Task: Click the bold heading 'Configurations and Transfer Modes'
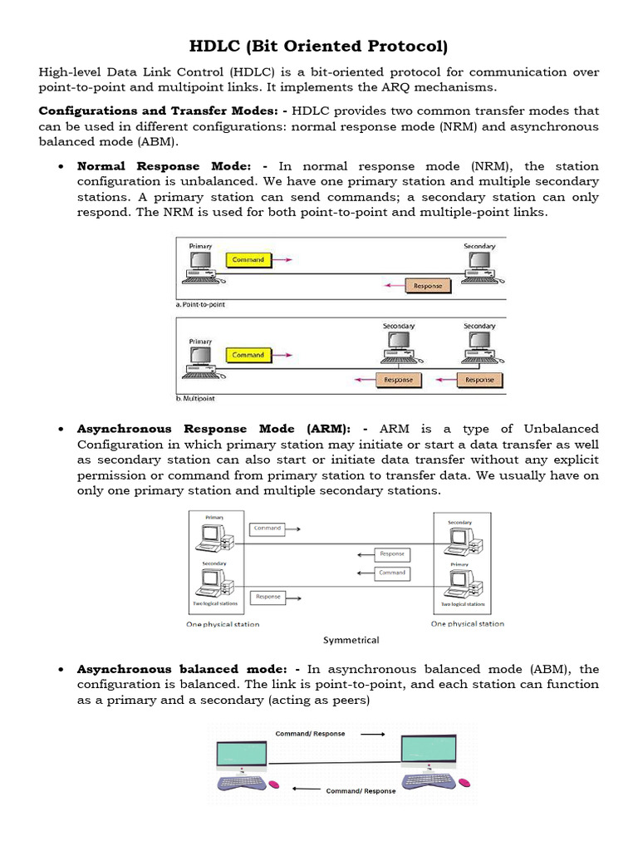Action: pos(158,111)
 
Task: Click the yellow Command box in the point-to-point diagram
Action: pos(248,260)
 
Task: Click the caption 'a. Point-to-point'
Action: pos(200,305)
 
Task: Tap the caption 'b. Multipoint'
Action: pos(195,400)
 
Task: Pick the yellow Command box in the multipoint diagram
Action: pos(248,355)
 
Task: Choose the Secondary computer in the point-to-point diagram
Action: pos(479,266)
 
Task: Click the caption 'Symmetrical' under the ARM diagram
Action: pos(351,641)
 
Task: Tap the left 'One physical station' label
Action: pos(223,624)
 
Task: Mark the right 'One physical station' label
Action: pos(467,624)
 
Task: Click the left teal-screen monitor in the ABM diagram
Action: pos(241,755)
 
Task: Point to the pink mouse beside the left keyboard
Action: pos(275,784)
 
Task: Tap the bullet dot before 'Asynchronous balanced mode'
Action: pos(62,670)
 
